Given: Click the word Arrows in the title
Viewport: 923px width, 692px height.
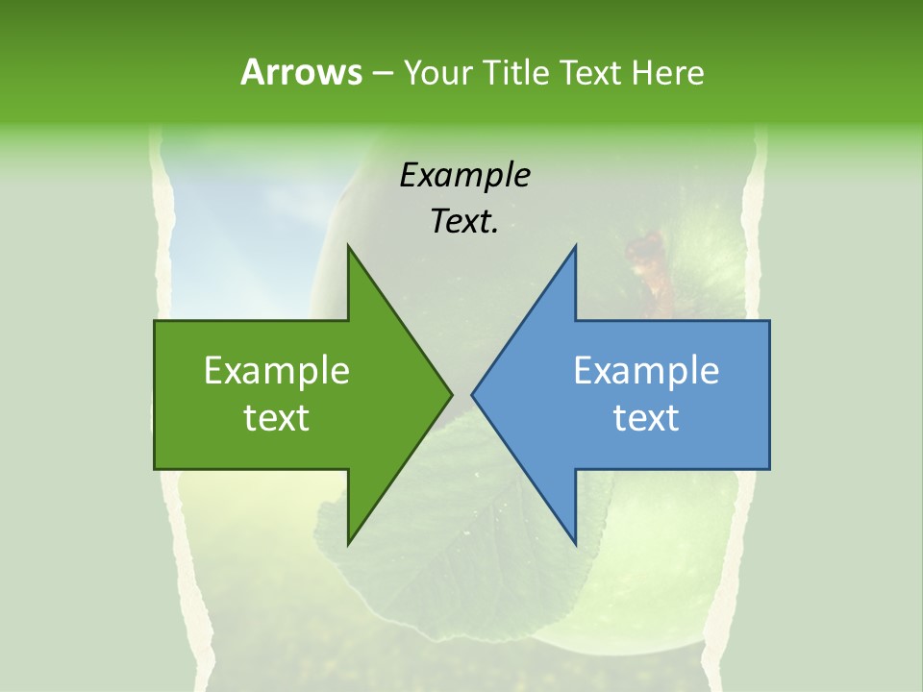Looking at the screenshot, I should coord(301,72).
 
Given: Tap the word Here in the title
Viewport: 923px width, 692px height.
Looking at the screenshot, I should coord(667,72).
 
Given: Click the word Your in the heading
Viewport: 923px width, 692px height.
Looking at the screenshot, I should coord(437,72).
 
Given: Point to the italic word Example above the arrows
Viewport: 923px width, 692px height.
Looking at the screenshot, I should coord(465,176).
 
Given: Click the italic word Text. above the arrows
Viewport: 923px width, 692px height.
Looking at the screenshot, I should coord(465,222).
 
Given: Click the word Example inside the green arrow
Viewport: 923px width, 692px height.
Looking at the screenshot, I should coord(277,371).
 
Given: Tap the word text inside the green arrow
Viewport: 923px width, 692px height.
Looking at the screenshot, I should coord(277,418).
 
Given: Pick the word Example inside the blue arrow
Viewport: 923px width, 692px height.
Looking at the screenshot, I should coord(646,371).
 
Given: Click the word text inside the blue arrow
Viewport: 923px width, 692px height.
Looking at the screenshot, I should coord(646,418).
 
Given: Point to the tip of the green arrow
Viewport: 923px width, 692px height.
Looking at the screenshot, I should coord(451,394).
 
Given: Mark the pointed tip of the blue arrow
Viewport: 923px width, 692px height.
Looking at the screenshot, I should coord(472,394).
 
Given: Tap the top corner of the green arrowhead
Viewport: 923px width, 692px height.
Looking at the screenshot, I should coord(348,246).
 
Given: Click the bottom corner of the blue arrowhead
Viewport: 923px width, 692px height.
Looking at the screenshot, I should coord(575,544).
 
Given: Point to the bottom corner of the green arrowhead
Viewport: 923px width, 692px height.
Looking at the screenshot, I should coord(348,544).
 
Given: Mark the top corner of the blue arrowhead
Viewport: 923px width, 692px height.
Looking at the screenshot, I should coord(575,246).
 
